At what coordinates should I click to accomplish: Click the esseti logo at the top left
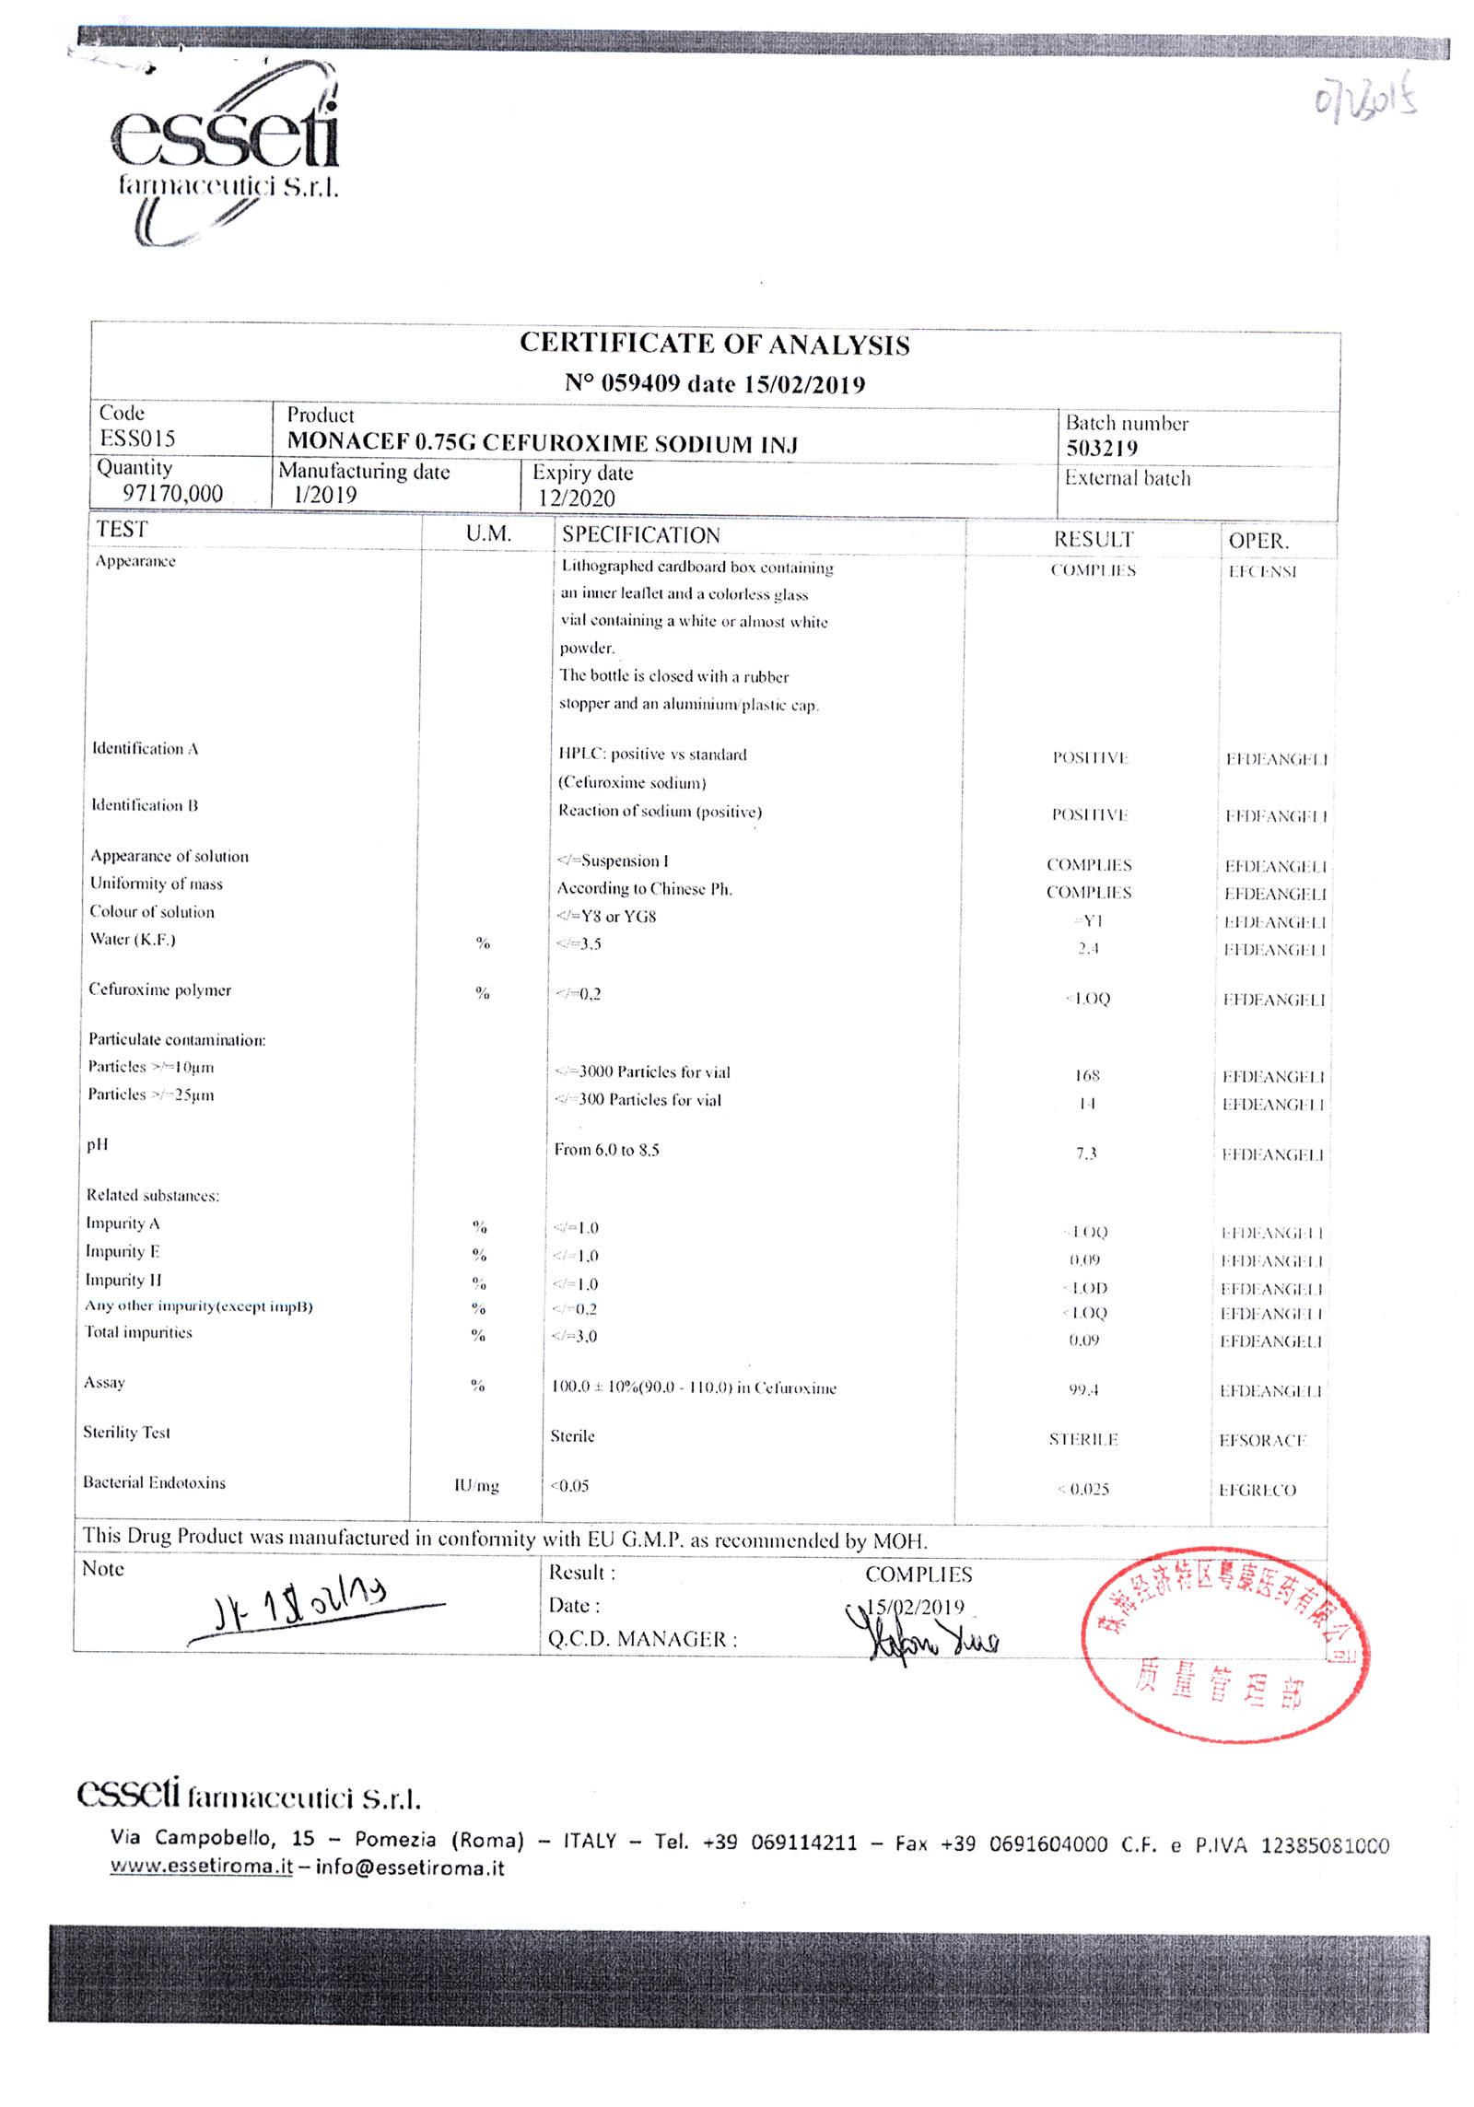pyautogui.click(x=226, y=152)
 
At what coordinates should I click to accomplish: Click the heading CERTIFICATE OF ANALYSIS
pyautogui.click(x=714, y=345)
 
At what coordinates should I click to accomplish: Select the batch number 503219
pyautogui.click(x=1101, y=449)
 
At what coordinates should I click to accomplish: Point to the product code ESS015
pyautogui.click(x=137, y=439)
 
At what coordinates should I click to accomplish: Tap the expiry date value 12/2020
pyautogui.click(x=577, y=498)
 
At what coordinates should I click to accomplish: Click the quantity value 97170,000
pyautogui.click(x=173, y=494)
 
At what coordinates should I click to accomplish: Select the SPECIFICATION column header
pyautogui.click(x=640, y=535)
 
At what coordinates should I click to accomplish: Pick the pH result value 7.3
pyautogui.click(x=1086, y=1153)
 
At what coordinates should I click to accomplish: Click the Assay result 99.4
pyautogui.click(x=1083, y=1389)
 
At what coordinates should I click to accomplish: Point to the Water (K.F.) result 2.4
pyautogui.click(x=1088, y=948)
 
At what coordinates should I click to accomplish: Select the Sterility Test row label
pyautogui.click(x=126, y=1433)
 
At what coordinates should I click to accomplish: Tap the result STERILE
pyautogui.click(x=1082, y=1440)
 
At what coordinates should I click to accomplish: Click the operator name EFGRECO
pyautogui.click(x=1257, y=1491)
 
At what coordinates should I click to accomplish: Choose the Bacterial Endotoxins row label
pyautogui.click(x=154, y=1483)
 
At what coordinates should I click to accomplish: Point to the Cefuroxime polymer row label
pyautogui.click(x=159, y=990)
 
